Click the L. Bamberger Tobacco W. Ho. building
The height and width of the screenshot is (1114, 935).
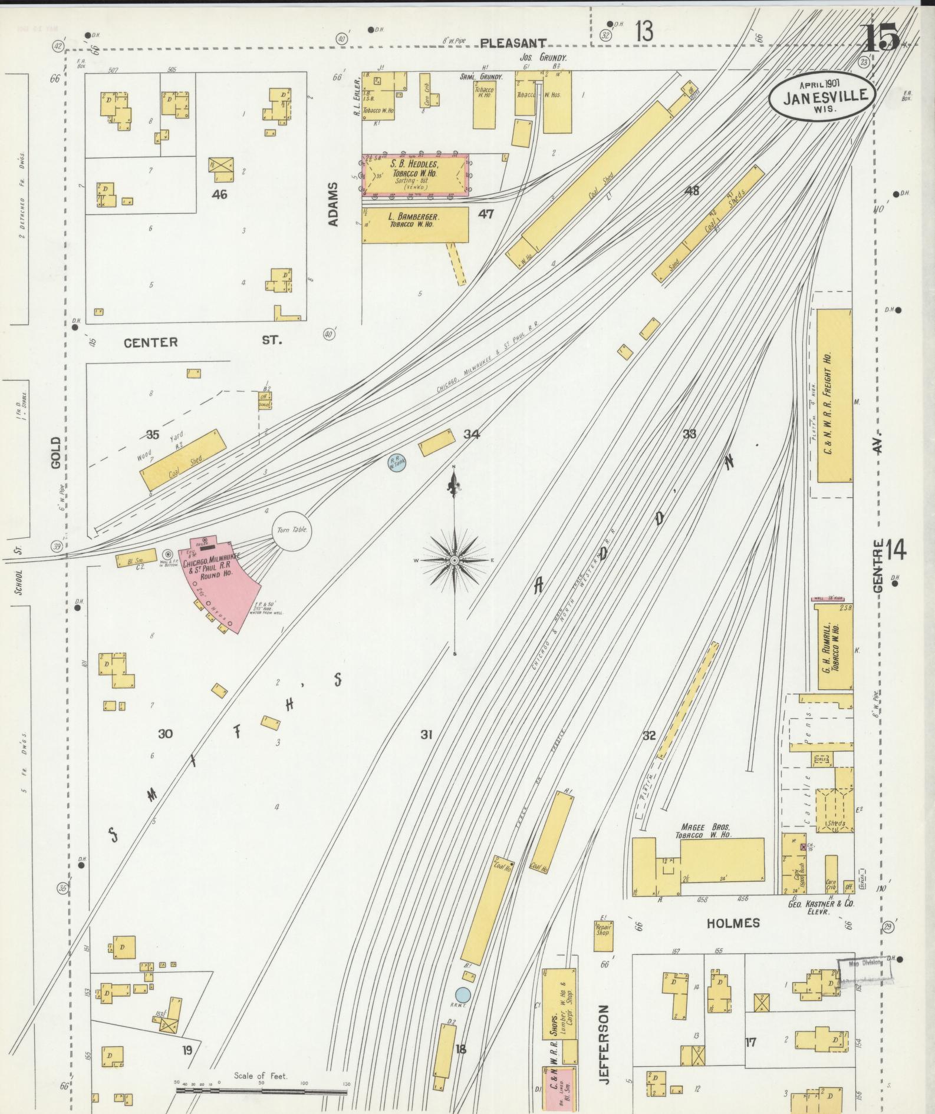tap(415, 223)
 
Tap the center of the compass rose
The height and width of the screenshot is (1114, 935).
tap(455, 560)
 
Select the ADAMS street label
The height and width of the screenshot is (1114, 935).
tap(334, 204)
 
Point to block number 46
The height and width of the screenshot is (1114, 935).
tap(219, 194)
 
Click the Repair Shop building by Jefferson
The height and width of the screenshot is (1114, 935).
tap(603, 936)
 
